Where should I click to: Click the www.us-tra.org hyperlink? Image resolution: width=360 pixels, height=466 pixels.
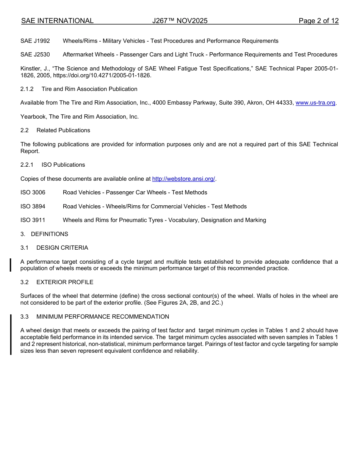click(315, 103)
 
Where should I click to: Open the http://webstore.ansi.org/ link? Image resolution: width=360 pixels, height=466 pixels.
click(183, 179)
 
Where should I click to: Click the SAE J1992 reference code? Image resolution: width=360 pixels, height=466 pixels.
click(35, 41)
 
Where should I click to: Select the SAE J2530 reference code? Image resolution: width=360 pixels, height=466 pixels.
click(35, 55)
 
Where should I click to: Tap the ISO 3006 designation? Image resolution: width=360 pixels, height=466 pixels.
click(33, 192)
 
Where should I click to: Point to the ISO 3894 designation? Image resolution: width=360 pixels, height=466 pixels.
click(33, 206)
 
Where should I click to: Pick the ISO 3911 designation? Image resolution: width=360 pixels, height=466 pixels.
click(33, 220)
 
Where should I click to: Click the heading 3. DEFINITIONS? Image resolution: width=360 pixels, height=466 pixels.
click(44, 234)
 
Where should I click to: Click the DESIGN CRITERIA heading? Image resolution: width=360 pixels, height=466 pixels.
click(62, 248)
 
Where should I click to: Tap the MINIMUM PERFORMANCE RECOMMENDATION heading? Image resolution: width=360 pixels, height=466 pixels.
click(103, 317)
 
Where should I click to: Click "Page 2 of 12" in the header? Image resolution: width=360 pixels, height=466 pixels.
click(318, 21)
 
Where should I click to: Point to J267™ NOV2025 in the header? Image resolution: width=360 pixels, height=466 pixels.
click(180, 21)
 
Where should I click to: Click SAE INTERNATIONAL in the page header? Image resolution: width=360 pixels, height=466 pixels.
click(57, 21)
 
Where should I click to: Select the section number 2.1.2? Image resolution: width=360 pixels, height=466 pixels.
click(27, 89)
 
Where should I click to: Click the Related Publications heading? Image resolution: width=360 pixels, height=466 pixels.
click(63, 130)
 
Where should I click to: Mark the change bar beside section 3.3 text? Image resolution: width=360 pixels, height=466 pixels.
click(11, 334)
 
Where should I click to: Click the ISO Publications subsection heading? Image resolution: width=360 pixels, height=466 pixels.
click(63, 165)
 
